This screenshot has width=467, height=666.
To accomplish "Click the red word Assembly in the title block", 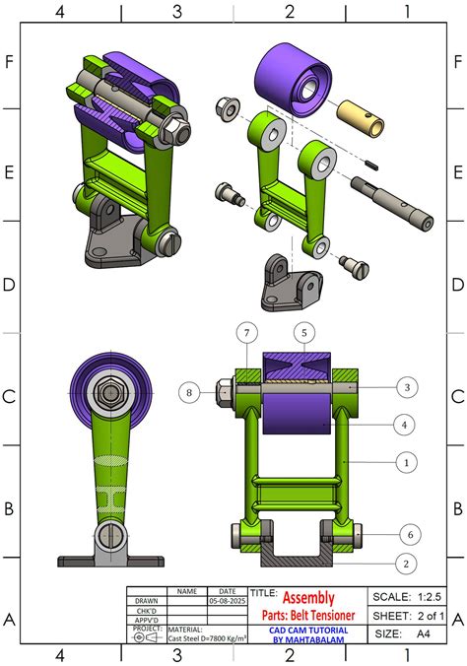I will [x=308, y=598].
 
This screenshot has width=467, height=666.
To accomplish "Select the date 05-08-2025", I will [x=227, y=600].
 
